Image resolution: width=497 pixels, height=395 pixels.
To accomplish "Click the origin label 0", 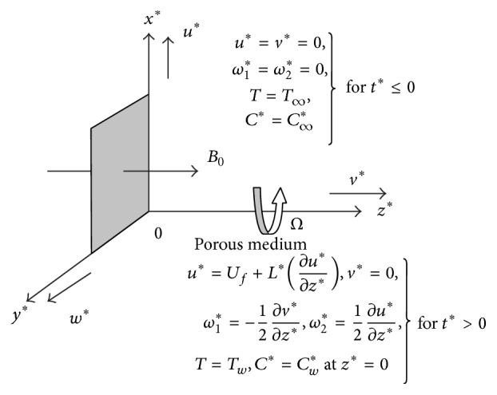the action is pyautogui.click(x=158, y=233).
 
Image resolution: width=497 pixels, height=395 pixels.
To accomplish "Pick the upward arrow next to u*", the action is pyautogui.click(x=169, y=60).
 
